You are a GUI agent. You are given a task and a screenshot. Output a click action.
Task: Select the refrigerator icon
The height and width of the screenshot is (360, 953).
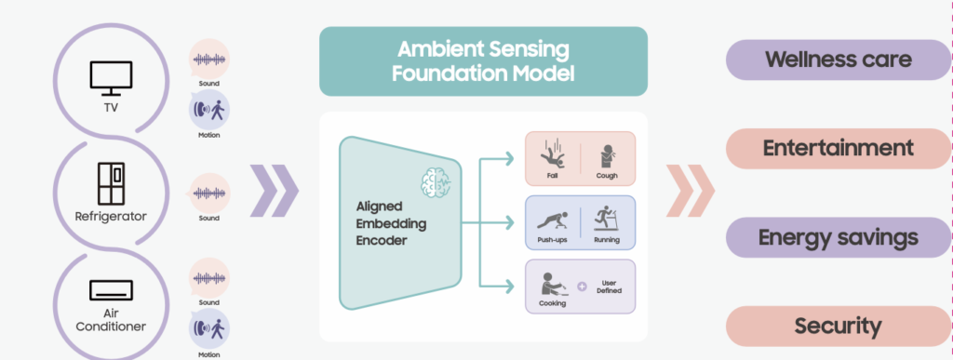point(111,183)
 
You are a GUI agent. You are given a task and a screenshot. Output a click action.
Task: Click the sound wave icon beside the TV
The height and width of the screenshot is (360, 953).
point(208,59)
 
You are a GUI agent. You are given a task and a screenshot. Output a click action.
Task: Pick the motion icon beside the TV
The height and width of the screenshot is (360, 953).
point(208,110)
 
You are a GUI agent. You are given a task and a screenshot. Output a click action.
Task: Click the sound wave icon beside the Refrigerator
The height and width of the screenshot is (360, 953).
point(208,193)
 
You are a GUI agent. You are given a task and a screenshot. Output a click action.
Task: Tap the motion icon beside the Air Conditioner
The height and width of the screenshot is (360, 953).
point(208,330)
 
